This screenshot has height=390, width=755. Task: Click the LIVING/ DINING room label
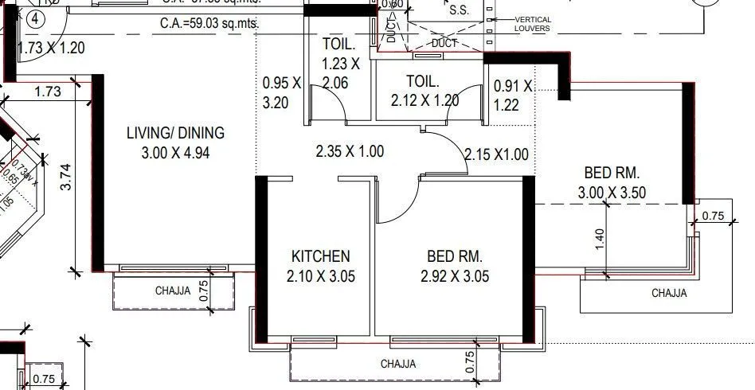(175, 133)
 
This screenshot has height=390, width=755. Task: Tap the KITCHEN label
(320, 256)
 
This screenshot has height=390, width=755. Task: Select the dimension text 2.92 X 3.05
(455, 277)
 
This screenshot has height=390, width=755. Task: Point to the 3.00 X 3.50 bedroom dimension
(612, 192)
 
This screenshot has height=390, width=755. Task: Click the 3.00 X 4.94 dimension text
(174, 154)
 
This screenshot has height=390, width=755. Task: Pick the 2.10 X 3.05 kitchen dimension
(320, 277)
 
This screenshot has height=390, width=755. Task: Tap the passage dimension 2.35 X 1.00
(350, 151)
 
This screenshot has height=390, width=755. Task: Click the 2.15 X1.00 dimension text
(496, 154)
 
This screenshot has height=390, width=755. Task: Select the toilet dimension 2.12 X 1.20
(425, 101)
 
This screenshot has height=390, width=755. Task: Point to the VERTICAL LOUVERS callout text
(532, 24)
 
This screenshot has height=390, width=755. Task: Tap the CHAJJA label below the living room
(173, 291)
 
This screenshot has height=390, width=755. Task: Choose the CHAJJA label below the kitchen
(397, 364)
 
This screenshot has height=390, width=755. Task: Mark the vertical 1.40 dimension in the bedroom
(600, 240)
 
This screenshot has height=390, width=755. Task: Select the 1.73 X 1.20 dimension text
(51, 48)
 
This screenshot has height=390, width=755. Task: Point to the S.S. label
(459, 11)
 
